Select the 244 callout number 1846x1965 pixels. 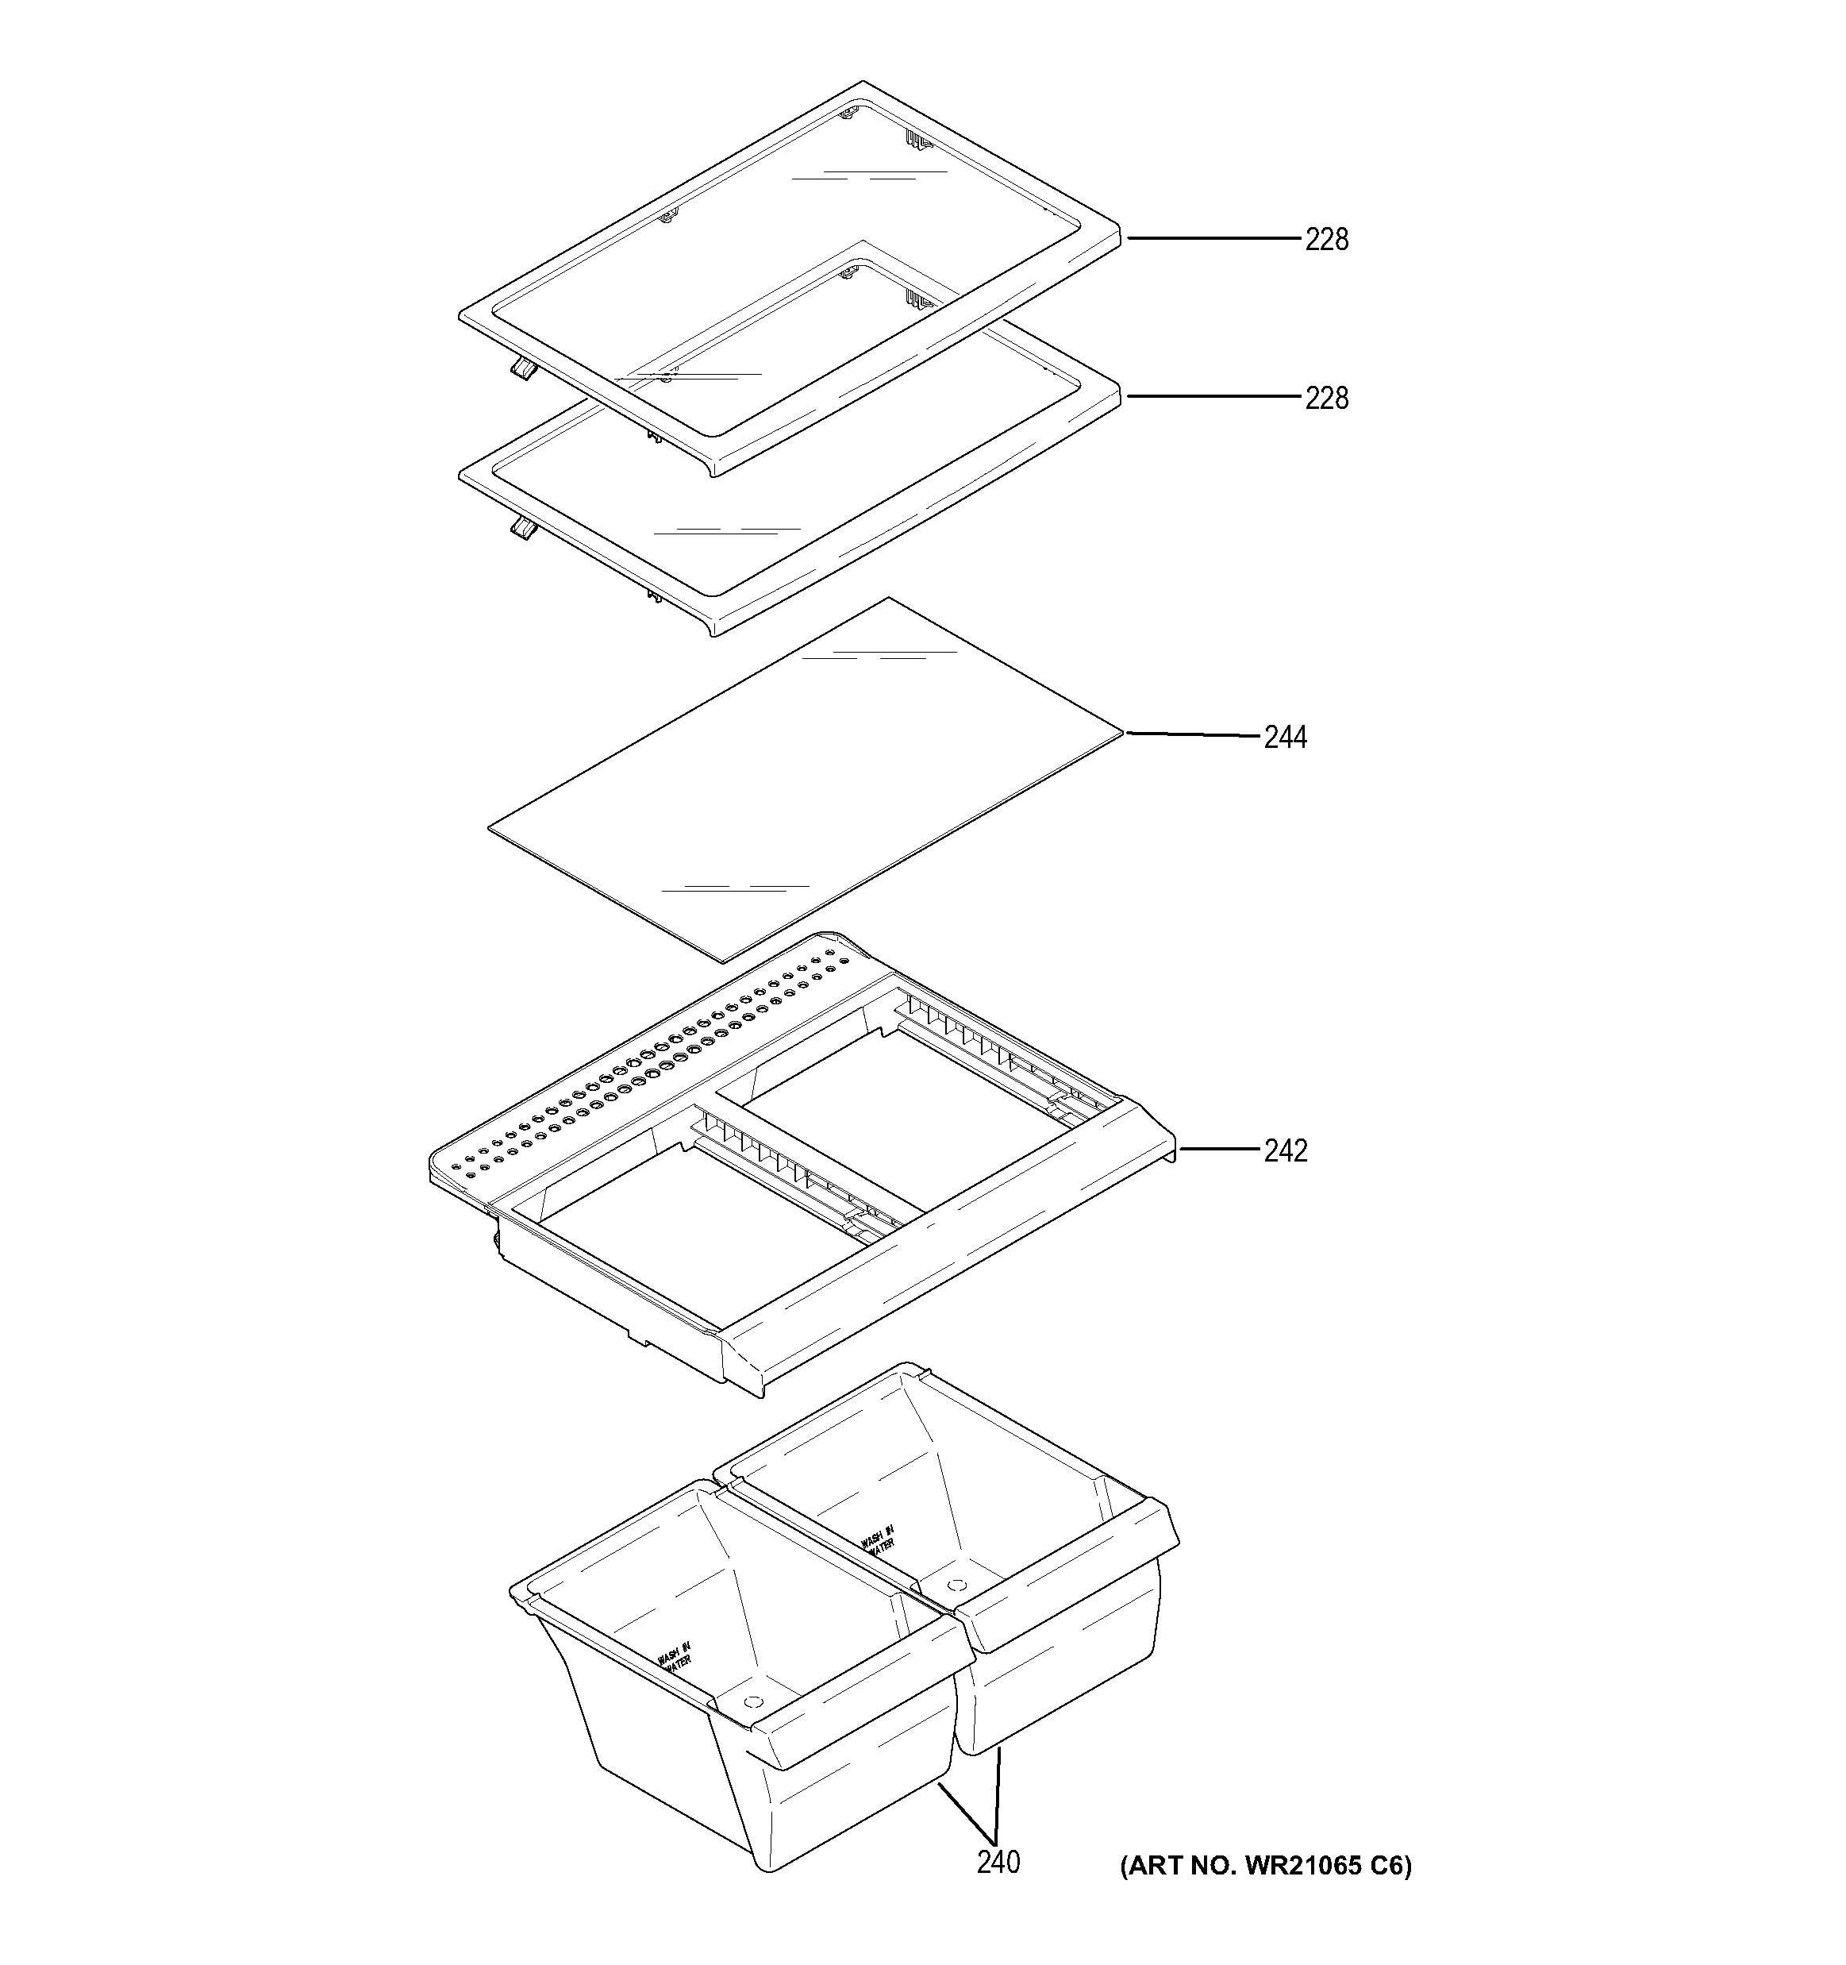(1285, 738)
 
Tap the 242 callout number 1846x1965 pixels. (1285, 1150)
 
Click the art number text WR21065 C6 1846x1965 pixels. (1265, 1865)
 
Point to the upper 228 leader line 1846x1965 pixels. (1213, 238)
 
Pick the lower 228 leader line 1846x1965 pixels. (1213, 396)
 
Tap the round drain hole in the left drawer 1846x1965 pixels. (752, 1701)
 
